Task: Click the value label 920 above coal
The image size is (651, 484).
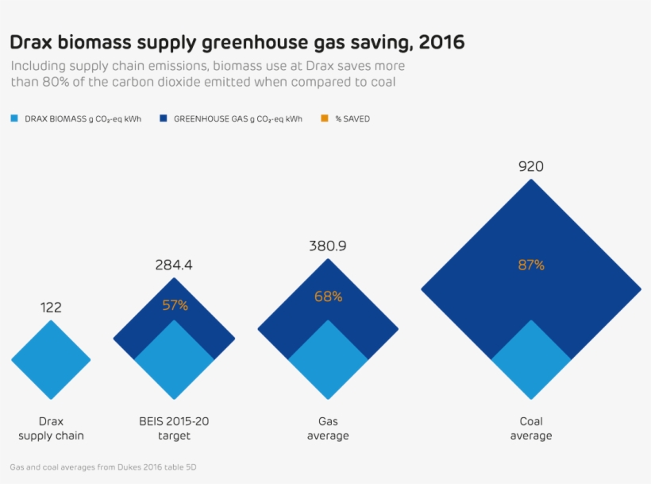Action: click(x=531, y=167)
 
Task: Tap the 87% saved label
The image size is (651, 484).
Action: click(x=531, y=265)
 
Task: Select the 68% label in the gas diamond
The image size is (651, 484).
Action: click(x=328, y=296)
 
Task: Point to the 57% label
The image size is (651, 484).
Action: click(x=175, y=305)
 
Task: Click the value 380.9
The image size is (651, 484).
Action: click(x=328, y=246)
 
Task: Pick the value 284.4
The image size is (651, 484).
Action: click(x=174, y=265)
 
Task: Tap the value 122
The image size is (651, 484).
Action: click(x=51, y=308)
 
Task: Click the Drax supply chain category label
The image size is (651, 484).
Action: click(x=51, y=428)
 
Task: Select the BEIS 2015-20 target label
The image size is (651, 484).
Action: click(x=174, y=428)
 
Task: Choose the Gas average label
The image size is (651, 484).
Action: click(x=328, y=428)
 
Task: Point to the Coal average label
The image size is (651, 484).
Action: click(x=531, y=428)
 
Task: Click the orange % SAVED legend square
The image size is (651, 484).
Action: click(x=324, y=119)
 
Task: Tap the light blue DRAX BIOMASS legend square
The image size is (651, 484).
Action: click(x=14, y=119)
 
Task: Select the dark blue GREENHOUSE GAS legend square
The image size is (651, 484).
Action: click(x=163, y=119)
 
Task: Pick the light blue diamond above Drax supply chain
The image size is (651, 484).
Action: click(x=51, y=360)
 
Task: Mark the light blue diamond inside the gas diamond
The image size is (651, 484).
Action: click(x=328, y=360)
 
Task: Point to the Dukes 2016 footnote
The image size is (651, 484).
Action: click(x=103, y=467)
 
